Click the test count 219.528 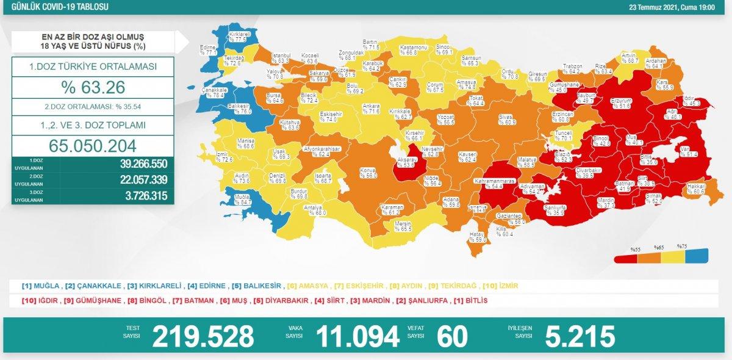203,336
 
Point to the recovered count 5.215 579,336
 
